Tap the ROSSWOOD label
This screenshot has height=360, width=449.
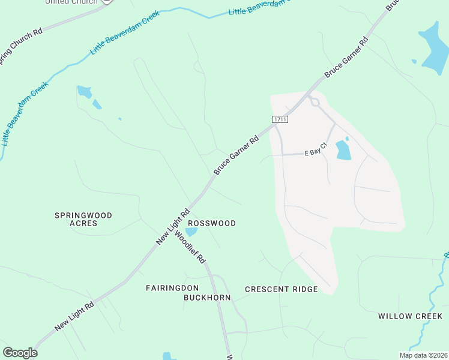point(212,223)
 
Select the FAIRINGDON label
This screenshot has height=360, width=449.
point(172,288)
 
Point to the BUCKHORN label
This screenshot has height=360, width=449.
point(208,298)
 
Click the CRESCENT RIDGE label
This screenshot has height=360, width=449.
point(281,289)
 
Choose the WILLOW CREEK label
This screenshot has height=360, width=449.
point(410,316)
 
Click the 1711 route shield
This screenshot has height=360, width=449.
point(280,119)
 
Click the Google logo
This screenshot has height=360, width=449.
point(20,353)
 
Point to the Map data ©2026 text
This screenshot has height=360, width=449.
point(423,355)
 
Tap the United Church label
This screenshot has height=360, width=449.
point(71,2)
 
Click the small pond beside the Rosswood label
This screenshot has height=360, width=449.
point(191,232)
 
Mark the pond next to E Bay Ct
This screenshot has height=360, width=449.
point(343,150)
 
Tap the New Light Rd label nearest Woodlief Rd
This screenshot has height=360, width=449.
point(173,226)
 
